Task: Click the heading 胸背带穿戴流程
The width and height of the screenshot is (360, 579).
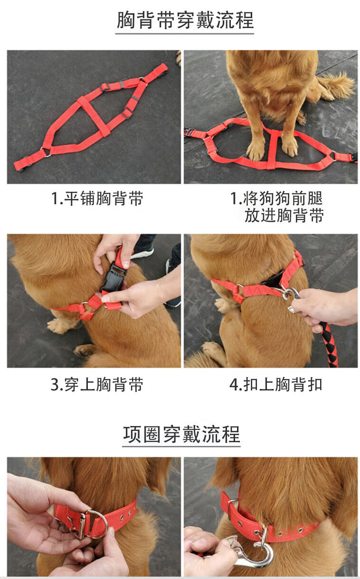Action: pos(185,20)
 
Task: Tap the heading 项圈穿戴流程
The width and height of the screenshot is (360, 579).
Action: pos(181,435)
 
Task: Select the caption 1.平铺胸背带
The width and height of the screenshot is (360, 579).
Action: pos(97,199)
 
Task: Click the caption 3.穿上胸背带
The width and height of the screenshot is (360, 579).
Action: pos(97,384)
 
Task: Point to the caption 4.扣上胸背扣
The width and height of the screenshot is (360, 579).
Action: pos(276,384)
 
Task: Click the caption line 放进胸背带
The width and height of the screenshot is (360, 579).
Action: pos(284,215)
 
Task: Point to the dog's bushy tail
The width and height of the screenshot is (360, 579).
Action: pos(334,85)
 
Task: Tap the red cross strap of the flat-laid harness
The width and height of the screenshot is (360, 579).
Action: pos(94,116)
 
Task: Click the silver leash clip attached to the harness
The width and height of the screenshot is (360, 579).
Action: pos(291,297)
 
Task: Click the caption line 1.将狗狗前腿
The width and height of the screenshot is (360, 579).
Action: pos(276,199)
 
